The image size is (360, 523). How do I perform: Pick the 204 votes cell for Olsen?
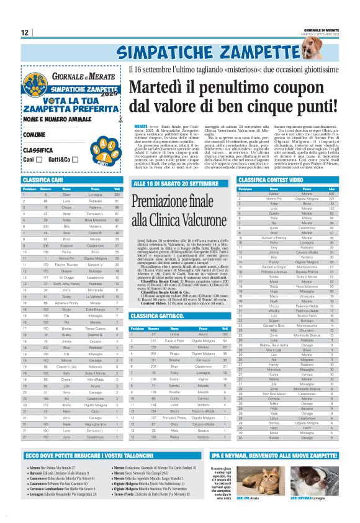[116, 194]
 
